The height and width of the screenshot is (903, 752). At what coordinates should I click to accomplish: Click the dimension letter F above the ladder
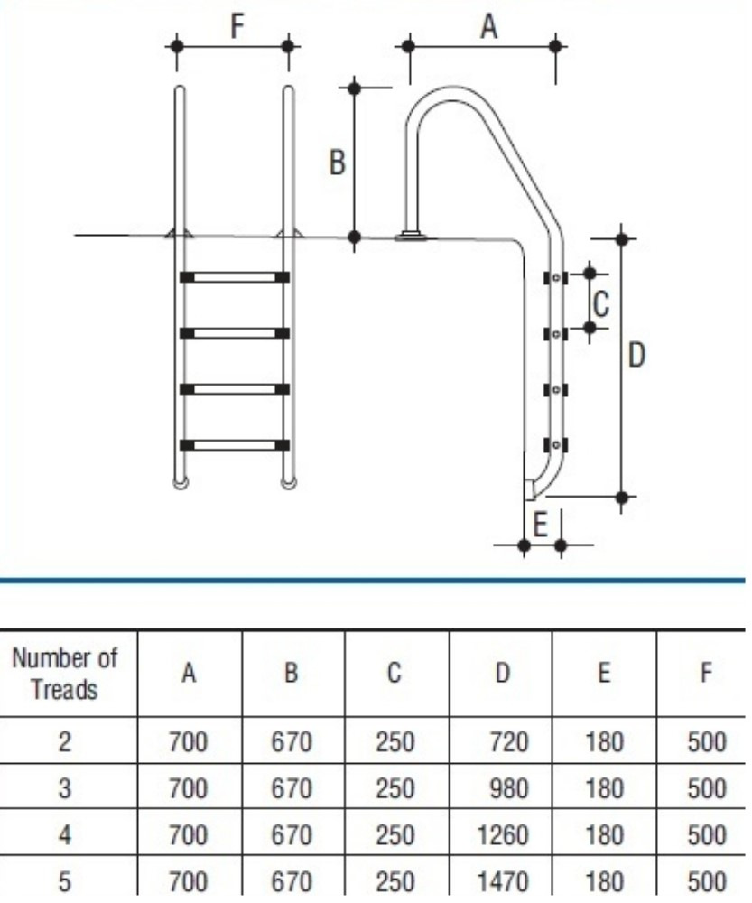[237, 26]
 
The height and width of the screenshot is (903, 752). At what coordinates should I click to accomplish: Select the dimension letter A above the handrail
[487, 27]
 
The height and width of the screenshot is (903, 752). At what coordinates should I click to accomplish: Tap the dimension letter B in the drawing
[337, 164]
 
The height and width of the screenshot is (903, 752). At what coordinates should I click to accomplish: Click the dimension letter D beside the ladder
[636, 355]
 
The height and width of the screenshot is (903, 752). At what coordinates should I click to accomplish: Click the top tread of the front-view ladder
[235, 277]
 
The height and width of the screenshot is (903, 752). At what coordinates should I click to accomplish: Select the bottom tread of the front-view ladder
[235, 444]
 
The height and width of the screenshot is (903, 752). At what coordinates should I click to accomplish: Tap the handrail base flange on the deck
[411, 237]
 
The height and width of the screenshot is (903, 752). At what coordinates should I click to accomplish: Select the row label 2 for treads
[64, 743]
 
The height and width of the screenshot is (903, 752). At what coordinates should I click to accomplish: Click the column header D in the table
[501, 674]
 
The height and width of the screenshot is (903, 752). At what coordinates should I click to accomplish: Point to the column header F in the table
[705, 674]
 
